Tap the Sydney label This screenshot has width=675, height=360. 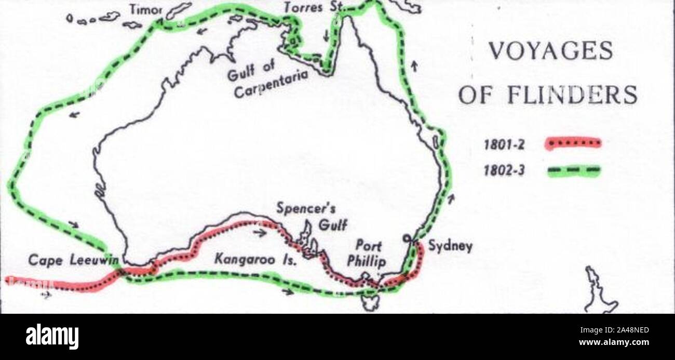[450, 246]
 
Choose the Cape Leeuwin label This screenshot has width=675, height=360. [73, 260]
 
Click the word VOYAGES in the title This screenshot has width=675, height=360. [551, 52]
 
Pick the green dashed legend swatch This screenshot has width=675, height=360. [573, 170]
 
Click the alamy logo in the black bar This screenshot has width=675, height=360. [52, 337]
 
